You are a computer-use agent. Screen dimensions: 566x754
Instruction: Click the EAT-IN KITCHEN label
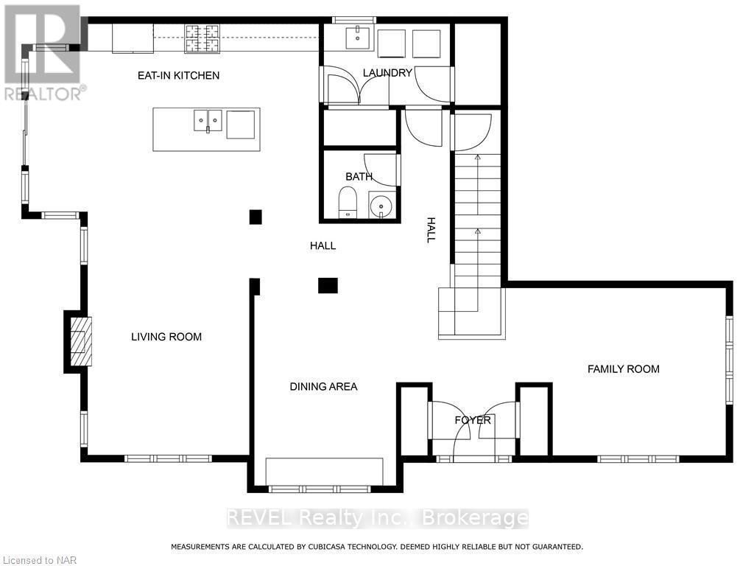(179, 75)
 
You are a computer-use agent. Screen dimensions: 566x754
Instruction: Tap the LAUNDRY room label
(387, 73)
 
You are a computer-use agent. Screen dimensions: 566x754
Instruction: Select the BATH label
(359, 177)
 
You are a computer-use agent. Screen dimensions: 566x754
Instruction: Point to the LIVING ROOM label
(166, 337)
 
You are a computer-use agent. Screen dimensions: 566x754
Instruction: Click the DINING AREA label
(323, 386)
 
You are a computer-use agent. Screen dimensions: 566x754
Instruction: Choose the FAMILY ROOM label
(623, 369)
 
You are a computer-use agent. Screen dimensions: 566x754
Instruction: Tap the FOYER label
(473, 420)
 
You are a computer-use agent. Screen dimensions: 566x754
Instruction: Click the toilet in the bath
(348, 203)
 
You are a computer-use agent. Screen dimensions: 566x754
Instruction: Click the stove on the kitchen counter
(202, 38)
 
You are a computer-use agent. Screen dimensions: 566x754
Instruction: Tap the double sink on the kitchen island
(208, 120)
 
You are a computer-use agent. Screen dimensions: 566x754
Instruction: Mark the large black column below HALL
(328, 285)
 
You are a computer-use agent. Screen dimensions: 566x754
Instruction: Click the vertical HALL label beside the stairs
(431, 229)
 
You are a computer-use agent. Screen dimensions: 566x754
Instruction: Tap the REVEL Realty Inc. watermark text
(377, 518)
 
